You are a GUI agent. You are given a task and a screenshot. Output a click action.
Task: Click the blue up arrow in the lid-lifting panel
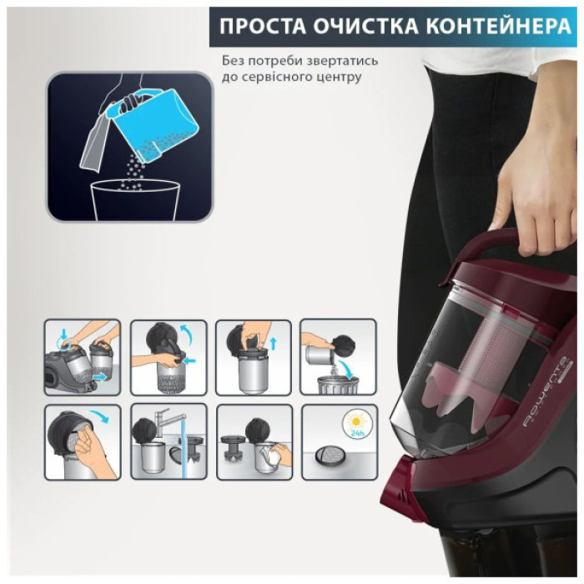272,341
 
